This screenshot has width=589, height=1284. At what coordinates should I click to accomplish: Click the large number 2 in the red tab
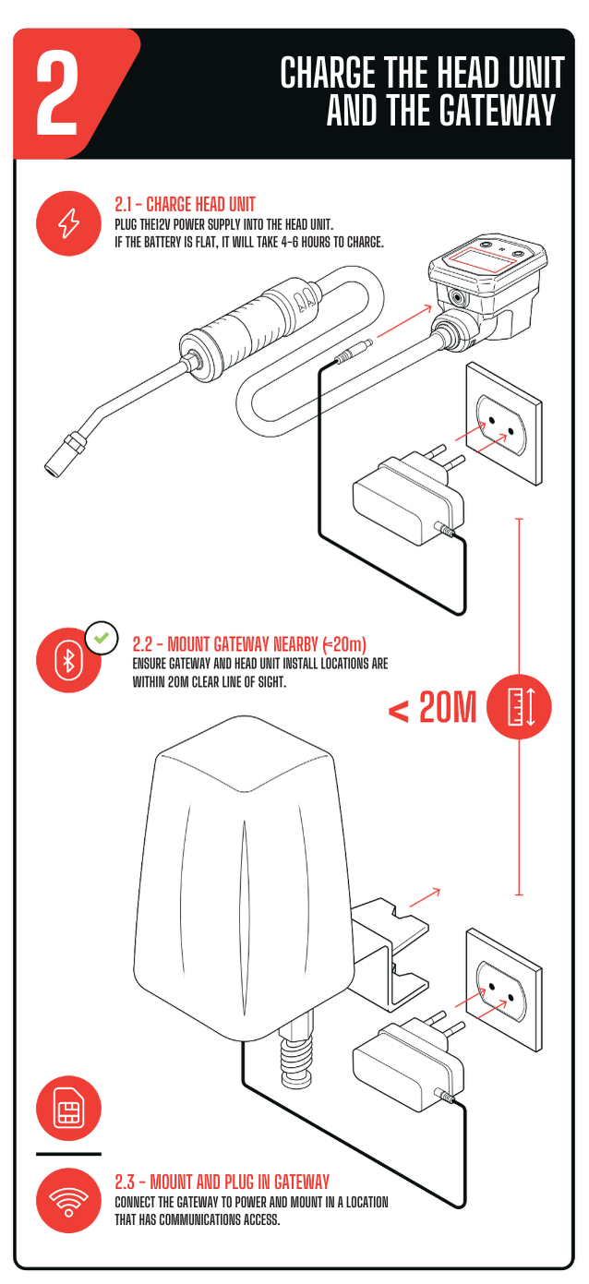(57, 93)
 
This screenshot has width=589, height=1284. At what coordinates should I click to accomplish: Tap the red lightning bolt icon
(69, 223)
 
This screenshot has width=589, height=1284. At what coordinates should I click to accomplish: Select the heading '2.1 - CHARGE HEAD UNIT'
(185, 205)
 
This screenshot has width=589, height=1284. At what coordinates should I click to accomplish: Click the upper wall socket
(503, 423)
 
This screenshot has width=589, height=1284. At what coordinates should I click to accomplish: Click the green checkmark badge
(102, 638)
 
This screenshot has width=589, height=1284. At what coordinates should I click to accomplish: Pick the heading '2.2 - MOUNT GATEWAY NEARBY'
(225, 644)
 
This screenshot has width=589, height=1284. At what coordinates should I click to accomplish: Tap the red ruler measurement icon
(519, 707)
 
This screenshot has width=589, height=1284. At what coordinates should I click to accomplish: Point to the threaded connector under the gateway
(296, 1056)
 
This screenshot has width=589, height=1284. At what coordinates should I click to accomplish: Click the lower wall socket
(503, 990)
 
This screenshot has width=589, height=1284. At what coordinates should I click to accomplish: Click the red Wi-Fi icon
(69, 1200)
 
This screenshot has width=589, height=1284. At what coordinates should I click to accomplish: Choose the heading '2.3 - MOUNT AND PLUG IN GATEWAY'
(222, 1182)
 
